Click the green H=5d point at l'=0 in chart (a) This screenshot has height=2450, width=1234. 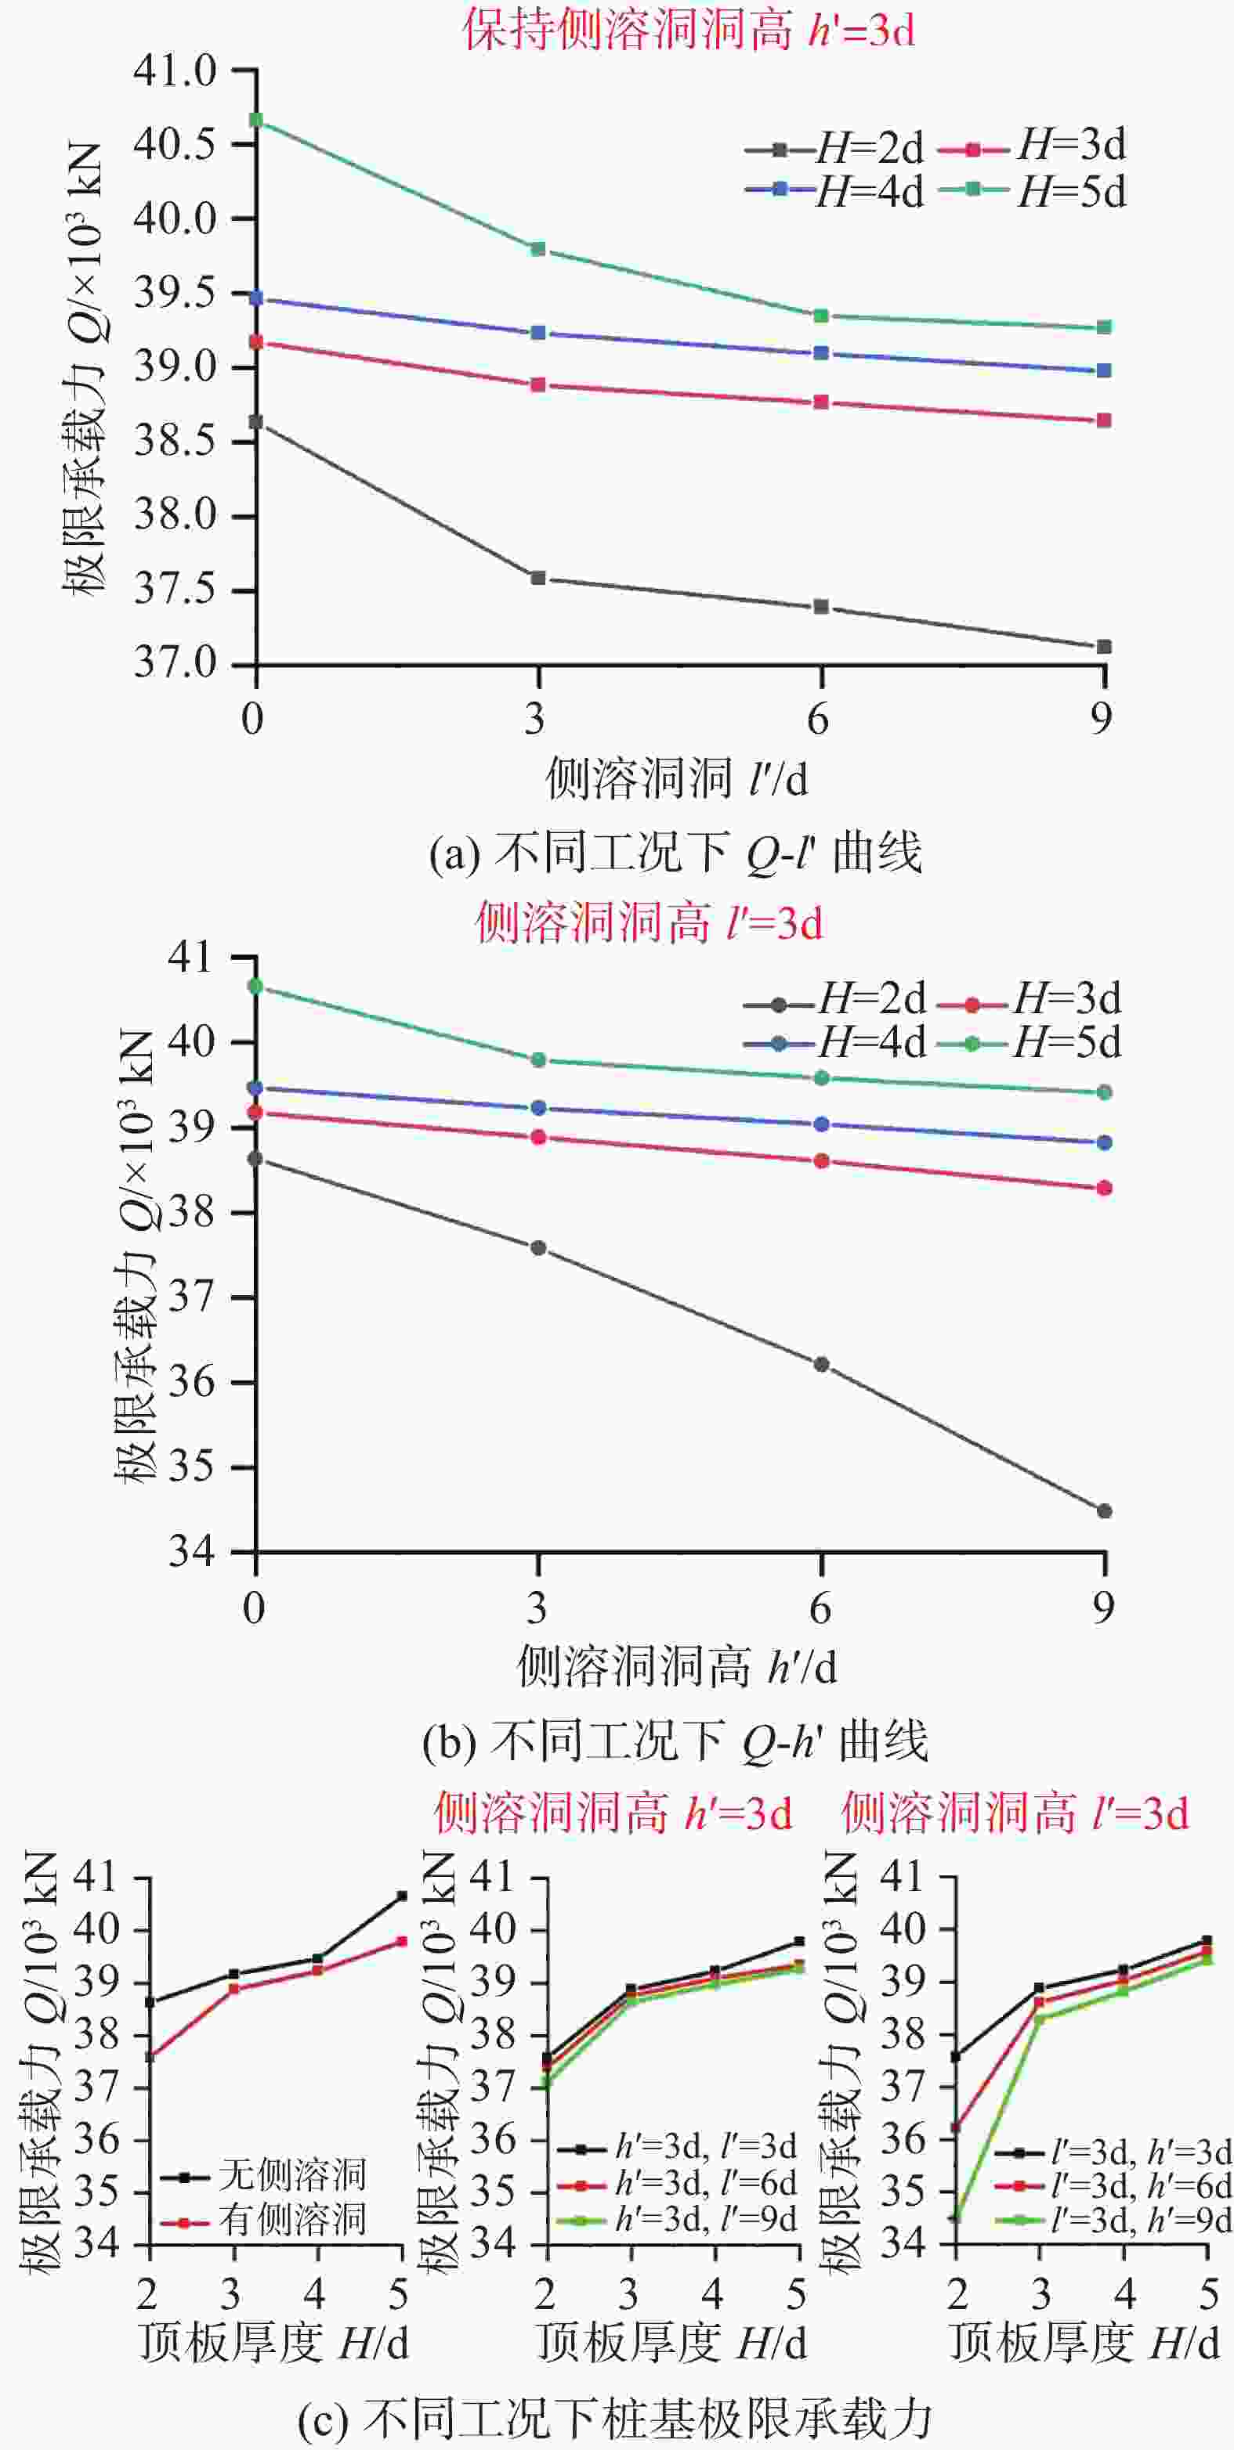click(x=256, y=120)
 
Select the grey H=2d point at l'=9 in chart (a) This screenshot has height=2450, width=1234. click(x=1104, y=647)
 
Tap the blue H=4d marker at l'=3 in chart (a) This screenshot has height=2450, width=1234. click(x=538, y=333)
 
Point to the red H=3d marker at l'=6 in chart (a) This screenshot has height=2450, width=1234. click(x=821, y=402)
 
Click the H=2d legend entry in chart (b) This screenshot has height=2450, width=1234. click(x=834, y=998)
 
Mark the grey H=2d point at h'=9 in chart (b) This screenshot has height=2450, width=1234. click(x=1104, y=1511)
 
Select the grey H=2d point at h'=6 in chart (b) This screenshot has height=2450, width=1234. click(x=821, y=1365)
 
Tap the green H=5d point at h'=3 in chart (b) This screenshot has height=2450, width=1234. click(x=538, y=1059)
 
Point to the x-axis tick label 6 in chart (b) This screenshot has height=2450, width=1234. click(x=820, y=1608)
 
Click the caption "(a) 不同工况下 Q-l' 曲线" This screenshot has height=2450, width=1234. click(x=675, y=854)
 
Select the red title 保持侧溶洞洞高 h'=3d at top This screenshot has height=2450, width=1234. click(x=689, y=31)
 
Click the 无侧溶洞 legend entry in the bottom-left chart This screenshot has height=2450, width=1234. click(x=263, y=2174)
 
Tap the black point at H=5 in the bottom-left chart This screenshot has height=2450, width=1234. click(x=401, y=1896)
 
